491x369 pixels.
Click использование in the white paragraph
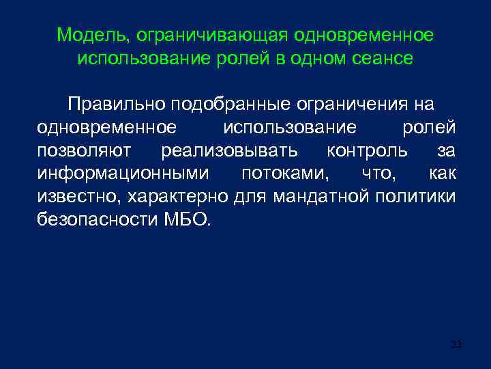pos(290,128)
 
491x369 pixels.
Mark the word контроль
pos(368,150)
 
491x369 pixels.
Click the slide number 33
pos(456,344)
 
